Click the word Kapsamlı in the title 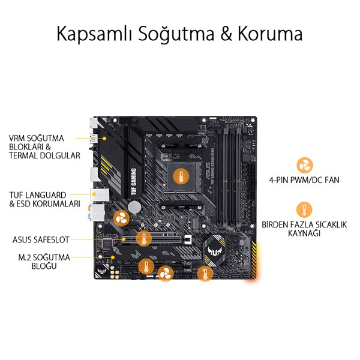[x=94, y=34]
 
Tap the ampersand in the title [x=227, y=34]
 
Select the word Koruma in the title [x=270, y=34]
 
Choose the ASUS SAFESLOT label [x=41, y=239]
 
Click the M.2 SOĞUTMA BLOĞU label [x=44, y=262]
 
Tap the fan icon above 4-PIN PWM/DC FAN [x=304, y=165]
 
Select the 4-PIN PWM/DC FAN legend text [x=304, y=180]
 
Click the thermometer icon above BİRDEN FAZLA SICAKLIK [x=304, y=209]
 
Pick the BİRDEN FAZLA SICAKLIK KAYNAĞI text [x=304, y=229]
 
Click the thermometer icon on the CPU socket [x=181, y=176]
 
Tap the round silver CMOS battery [x=134, y=207]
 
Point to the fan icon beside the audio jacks [x=121, y=218]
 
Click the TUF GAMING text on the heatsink [x=134, y=181]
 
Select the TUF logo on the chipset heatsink [x=214, y=251]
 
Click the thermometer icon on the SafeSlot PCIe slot [x=144, y=239]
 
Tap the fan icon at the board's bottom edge [x=165, y=273]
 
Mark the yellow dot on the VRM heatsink [x=104, y=139]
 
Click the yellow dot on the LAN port [x=94, y=194]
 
